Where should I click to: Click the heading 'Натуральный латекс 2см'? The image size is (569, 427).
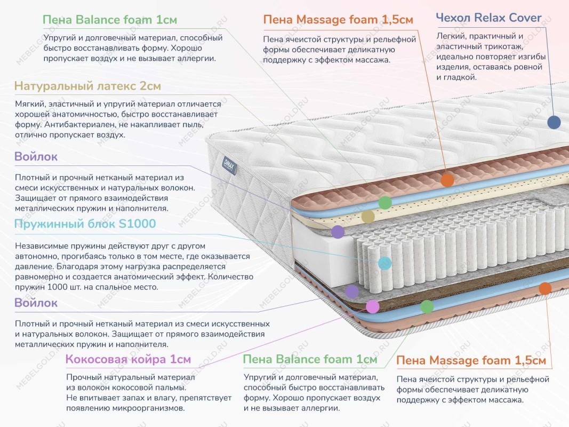click(87, 86)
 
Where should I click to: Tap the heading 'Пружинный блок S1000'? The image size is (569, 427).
click(85, 224)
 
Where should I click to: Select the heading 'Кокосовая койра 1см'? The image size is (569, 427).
click(128, 359)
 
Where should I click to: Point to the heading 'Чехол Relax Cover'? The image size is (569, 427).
click(488, 18)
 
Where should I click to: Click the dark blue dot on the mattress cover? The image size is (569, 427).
click(554, 122)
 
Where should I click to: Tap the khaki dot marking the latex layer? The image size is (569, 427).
click(368, 216)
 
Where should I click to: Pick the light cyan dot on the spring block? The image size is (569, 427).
click(384, 263)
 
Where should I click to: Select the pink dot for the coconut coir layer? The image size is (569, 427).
click(372, 306)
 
